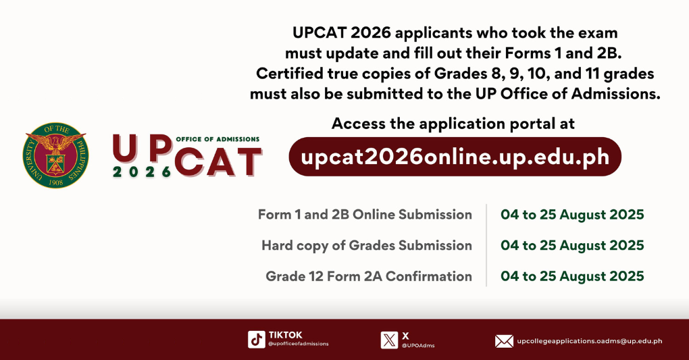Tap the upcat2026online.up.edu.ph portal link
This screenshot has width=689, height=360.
(x=455, y=157)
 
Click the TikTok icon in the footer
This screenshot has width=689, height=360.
(x=256, y=339)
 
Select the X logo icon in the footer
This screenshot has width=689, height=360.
(x=389, y=339)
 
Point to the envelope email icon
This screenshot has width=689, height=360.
(x=504, y=341)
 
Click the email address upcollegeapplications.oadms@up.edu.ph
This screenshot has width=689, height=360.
(x=589, y=341)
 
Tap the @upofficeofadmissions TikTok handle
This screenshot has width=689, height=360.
(x=299, y=344)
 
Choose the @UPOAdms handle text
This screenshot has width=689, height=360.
(x=418, y=345)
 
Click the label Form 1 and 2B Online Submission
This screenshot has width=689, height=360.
(x=365, y=215)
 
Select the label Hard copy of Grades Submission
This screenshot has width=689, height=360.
(x=367, y=245)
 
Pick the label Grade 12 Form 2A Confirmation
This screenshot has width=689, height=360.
(x=369, y=276)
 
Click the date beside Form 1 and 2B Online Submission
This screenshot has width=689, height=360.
(x=572, y=215)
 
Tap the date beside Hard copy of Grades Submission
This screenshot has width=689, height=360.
(x=572, y=245)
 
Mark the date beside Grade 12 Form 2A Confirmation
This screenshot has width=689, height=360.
(x=572, y=276)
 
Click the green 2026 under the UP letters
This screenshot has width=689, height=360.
(x=142, y=172)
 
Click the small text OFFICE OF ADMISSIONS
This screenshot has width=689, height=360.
(x=217, y=138)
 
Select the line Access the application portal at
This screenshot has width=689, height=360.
(x=453, y=124)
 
